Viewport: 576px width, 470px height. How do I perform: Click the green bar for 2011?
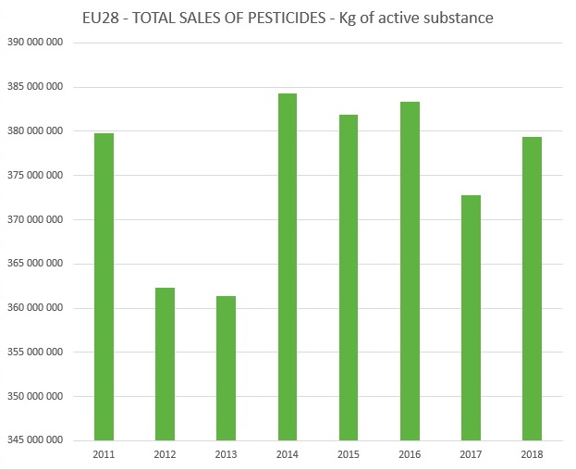pos(104,287)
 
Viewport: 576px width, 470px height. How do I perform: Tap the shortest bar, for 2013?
pos(226,368)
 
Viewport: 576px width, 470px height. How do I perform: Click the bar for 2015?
pos(348,278)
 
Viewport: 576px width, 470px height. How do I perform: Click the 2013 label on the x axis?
pos(226,455)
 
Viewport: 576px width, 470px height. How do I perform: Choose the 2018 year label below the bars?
pos(532,455)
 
